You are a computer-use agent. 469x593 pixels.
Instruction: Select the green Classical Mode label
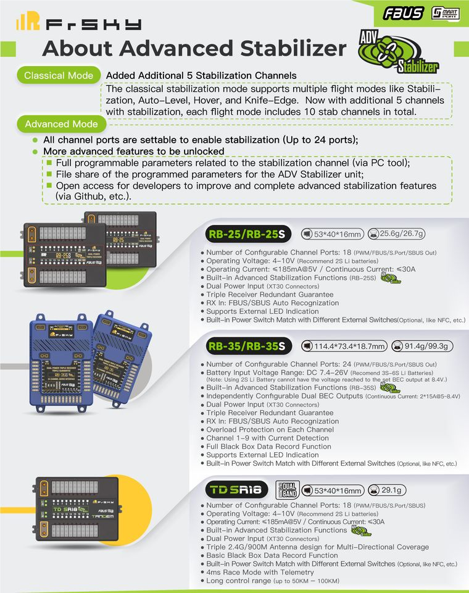point(59,75)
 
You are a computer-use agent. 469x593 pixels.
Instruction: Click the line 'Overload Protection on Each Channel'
point(270,429)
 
